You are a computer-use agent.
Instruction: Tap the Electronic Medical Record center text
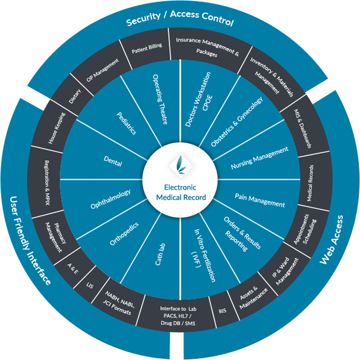180,192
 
